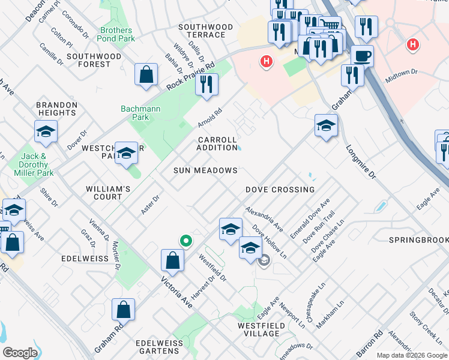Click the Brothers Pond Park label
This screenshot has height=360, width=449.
[x=116, y=35]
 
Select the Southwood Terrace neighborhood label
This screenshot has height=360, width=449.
[x=205, y=31]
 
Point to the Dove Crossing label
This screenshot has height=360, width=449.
[x=280, y=190]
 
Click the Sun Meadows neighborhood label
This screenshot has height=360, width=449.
[x=206, y=170]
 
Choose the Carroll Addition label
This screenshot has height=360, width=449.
[x=217, y=143]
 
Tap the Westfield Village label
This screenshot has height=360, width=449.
[x=261, y=329]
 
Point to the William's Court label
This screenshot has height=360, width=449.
[x=108, y=193]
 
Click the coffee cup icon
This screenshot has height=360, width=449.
[x=362, y=56]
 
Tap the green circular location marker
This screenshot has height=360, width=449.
[x=186, y=241]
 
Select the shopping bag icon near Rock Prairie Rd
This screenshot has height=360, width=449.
[x=146, y=75]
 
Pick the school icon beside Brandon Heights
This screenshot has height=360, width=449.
[x=46, y=133]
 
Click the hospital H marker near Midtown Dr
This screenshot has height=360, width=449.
[x=412, y=44]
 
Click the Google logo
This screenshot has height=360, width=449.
[x=20, y=353]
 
